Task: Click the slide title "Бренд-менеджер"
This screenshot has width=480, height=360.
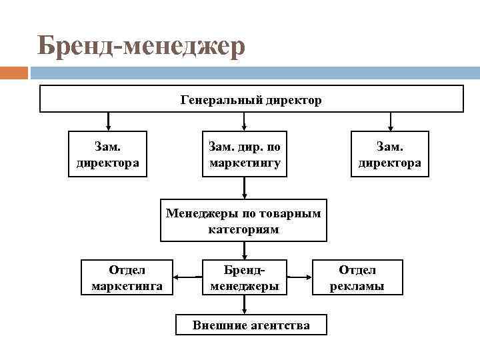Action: click(141, 47)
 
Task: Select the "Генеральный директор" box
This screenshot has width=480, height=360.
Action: click(251, 99)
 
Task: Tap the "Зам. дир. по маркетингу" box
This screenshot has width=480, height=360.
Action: click(245, 154)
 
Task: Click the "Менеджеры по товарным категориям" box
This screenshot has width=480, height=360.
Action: click(243, 221)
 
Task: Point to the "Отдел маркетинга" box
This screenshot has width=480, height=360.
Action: click(127, 277)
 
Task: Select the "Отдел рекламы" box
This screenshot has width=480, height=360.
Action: click(357, 277)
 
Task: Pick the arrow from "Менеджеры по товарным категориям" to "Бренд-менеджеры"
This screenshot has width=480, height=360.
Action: click(245, 251)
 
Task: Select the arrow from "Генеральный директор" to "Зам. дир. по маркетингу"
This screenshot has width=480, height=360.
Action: click(245, 121)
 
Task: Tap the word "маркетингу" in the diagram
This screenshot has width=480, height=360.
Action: click(245, 162)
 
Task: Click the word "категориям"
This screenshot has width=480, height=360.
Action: click(243, 229)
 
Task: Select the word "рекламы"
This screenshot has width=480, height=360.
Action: click(357, 286)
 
